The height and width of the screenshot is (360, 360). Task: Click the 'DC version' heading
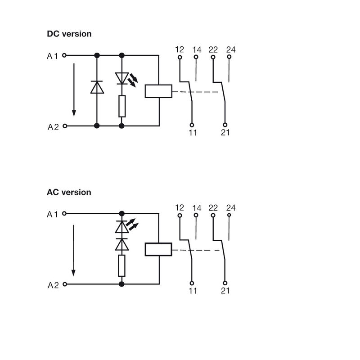[x=69, y=34]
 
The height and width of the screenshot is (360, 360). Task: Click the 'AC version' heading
[x=69, y=192]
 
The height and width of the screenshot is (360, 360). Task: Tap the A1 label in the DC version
[x=53, y=56]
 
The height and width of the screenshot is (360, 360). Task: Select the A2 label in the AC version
[x=53, y=285]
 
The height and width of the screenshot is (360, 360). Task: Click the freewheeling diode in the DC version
[x=97, y=87]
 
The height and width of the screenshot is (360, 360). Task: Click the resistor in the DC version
[x=121, y=106]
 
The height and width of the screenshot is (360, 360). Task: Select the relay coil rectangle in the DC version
[x=158, y=91]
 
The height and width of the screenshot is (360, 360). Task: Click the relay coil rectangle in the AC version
[x=158, y=249]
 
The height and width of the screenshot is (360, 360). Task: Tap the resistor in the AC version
[x=121, y=265]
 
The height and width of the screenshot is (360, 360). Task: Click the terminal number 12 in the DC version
[x=180, y=49]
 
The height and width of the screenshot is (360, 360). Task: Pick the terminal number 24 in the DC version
[x=231, y=49]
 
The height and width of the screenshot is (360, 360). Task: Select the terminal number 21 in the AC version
[x=225, y=291]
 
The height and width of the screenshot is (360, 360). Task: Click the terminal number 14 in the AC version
[x=197, y=208]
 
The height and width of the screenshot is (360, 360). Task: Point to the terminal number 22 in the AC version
[x=213, y=208]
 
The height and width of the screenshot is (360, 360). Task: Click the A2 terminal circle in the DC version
[x=64, y=126]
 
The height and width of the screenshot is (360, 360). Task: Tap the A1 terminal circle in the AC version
[x=64, y=213]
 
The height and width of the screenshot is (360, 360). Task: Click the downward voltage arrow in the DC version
[x=73, y=90]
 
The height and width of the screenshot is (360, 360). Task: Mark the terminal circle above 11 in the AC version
[x=192, y=283]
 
